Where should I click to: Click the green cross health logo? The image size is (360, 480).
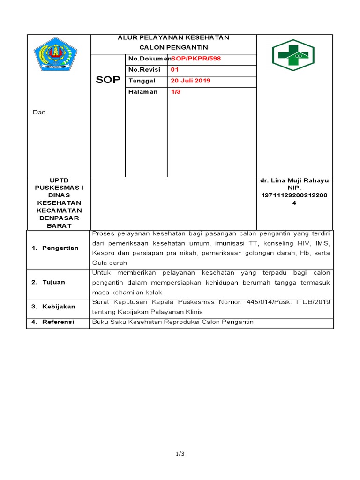[293, 55]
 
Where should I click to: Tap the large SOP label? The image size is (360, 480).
[108, 80]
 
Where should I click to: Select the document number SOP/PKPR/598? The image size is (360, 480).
[195, 59]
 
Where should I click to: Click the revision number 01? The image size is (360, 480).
[175, 69]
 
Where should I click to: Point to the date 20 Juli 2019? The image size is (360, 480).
[190, 81]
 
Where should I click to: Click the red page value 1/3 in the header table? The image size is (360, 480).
[176, 91]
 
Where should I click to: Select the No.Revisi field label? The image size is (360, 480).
[144, 69]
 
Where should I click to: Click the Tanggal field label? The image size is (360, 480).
[142, 81]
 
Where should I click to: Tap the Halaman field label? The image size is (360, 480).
[143, 91]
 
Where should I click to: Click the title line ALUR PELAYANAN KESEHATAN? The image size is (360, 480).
[173, 37]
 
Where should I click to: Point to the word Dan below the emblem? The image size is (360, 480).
[39, 112]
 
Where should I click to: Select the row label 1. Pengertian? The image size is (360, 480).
[55, 247]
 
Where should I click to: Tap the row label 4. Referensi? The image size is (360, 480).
[52, 322]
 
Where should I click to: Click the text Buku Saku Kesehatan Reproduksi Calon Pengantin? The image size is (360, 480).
[173, 322]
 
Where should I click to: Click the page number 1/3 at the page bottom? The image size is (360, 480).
[180, 454]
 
